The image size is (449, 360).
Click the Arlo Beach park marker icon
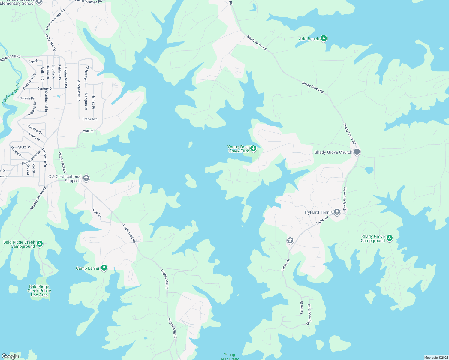click(324, 38)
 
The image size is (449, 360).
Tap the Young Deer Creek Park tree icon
click(253, 148)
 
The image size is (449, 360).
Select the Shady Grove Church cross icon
click(357, 152)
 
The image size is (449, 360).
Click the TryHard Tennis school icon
click(337, 212)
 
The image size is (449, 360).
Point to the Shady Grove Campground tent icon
click(389, 238)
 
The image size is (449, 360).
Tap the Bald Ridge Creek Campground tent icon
click(39, 244)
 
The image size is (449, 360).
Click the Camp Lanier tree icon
click(104, 268)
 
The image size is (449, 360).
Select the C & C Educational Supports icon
click(86, 178)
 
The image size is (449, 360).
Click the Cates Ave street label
click(90, 119)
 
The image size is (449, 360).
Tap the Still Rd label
click(88, 131)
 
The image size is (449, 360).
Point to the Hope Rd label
click(96, 212)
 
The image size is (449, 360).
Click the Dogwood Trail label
click(309, 314)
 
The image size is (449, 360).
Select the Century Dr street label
click(45, 89)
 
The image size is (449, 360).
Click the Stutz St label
click(24, 147)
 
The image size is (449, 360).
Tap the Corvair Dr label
click(27, 98)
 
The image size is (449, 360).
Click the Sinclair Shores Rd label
click(38, 198)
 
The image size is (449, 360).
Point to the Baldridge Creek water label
click(11, 94)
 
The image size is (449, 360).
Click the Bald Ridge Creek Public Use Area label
click(39, 291)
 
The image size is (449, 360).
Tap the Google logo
click(10, 356)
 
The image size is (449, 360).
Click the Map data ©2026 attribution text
click(436, 358)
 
